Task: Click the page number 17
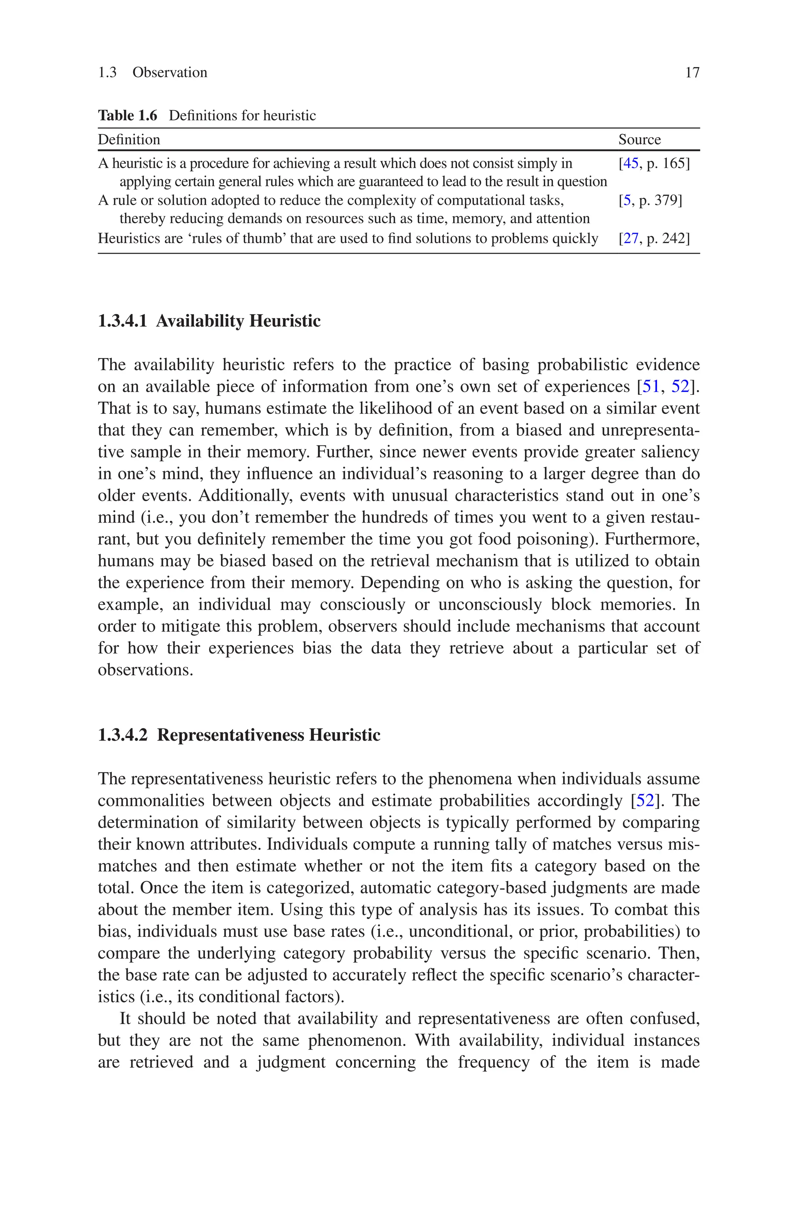[692, 73]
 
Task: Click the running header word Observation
[169, 73]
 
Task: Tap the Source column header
[639, 140]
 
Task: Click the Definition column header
[129, 140]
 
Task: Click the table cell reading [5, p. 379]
[650, 200]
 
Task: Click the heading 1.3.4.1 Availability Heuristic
[209, 321]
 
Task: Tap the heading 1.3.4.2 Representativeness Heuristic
[239, 735]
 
